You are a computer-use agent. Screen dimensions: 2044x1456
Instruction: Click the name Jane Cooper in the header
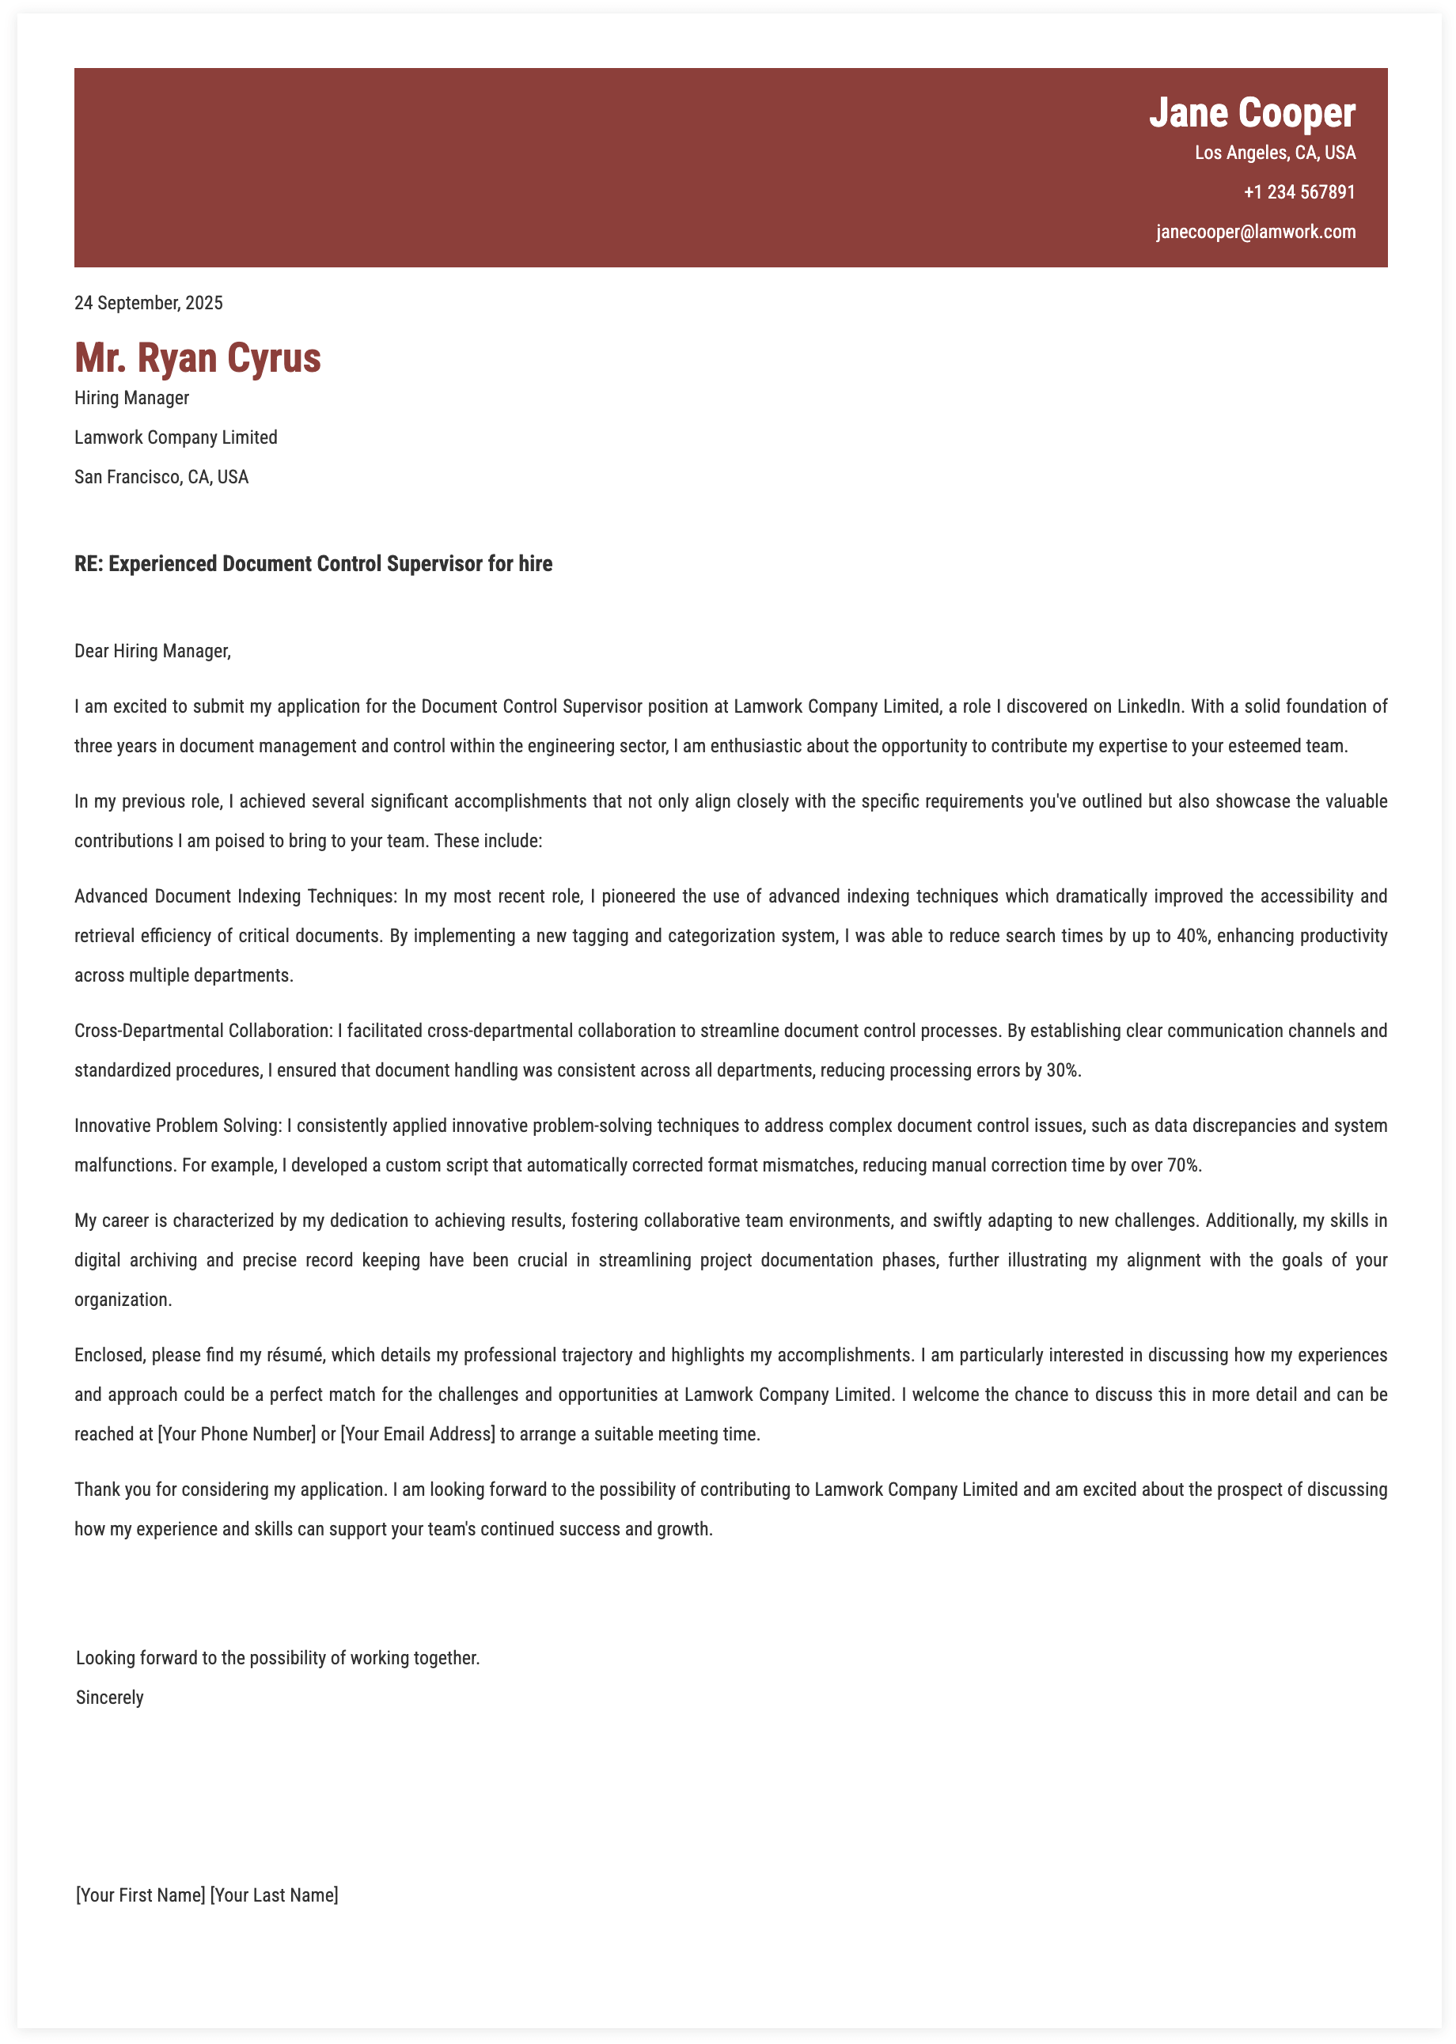click(x=1252, y=114)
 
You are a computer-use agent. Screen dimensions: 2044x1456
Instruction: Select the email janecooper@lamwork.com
click(x=1255, y=232)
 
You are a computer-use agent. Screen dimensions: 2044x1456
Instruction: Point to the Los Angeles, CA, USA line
click(x=1274, y=153)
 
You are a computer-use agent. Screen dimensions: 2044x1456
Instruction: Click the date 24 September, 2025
click(x=149, y=303)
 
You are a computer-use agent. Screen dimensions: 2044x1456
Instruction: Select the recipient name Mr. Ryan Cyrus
click(x=197, y=358)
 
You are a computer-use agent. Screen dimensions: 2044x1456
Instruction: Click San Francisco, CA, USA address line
click(x=161, y=477)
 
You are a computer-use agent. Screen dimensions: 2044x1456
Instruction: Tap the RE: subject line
click(x=313, y=564)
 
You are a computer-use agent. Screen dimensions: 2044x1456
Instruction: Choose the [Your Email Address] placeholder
click(x=417, y=1434)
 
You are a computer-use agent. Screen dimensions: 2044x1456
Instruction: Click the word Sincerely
click(x=109, y=1698)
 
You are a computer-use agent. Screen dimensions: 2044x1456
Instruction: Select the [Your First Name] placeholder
click(x=141, y=1894)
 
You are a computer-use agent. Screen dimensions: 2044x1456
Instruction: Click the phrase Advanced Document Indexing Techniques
click(x=235, y=896)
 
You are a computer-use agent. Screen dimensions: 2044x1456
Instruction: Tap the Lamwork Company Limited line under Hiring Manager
click(x=176, y=437)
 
